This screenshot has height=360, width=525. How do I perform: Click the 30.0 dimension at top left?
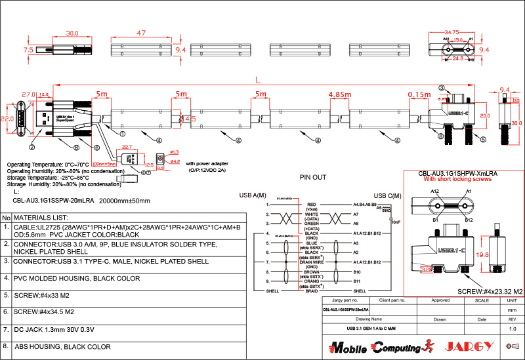coord(72,33)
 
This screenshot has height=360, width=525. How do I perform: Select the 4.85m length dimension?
coord(340,94)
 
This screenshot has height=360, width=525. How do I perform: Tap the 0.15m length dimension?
coord(418,94)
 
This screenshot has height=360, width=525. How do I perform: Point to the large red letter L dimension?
coord(258,79)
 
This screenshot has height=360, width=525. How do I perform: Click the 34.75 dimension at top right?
coord(451,32)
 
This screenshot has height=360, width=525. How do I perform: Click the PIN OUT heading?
coord(313,177)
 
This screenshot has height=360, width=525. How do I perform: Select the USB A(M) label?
coord(253,195)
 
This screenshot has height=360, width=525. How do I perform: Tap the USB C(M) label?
coord(388,195)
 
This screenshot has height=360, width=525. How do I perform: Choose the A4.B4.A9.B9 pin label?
coord(366,205)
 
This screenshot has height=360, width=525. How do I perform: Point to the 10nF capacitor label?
coord(394,222)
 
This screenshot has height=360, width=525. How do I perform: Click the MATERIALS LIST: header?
coord(41,218)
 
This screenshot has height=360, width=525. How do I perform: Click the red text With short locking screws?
coord(457,179)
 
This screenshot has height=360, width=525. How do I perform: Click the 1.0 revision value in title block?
coord(513,328)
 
